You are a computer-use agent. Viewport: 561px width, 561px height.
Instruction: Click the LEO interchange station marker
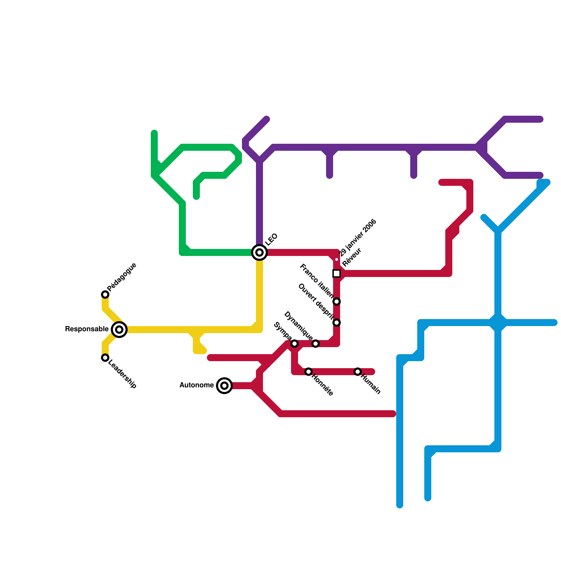tap(259, 252)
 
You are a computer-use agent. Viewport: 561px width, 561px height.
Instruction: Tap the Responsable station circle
tap(119, 330)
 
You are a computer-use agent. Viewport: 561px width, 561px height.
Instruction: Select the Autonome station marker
tap(224, 386)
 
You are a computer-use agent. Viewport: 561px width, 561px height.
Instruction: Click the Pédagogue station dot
tap(105, 295)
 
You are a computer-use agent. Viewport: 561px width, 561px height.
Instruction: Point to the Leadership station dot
tap(105, 358)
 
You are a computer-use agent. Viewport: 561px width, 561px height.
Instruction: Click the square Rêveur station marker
tap(337, 273)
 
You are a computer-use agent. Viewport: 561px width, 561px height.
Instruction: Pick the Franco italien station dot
tap(337, 302)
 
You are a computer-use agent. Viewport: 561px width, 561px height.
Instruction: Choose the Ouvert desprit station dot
tap(337, 323)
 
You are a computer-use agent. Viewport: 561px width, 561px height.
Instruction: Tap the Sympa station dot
tap(295, 344)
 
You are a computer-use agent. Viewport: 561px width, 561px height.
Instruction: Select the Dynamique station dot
tap(316, 344)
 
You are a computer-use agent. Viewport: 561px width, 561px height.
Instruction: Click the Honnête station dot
tap(309, 372)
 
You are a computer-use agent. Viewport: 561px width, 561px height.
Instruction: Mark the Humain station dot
tap(358, 372)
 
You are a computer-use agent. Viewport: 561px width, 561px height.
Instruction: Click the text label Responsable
tap(87, 329)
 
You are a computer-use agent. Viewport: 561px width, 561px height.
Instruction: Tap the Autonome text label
tap(196, 385)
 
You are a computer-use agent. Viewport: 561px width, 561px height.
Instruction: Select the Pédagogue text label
tap(122, 277)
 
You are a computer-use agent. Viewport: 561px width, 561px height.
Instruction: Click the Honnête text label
tap(322, 385)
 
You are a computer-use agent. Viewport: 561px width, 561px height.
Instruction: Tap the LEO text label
tap(271, 239)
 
